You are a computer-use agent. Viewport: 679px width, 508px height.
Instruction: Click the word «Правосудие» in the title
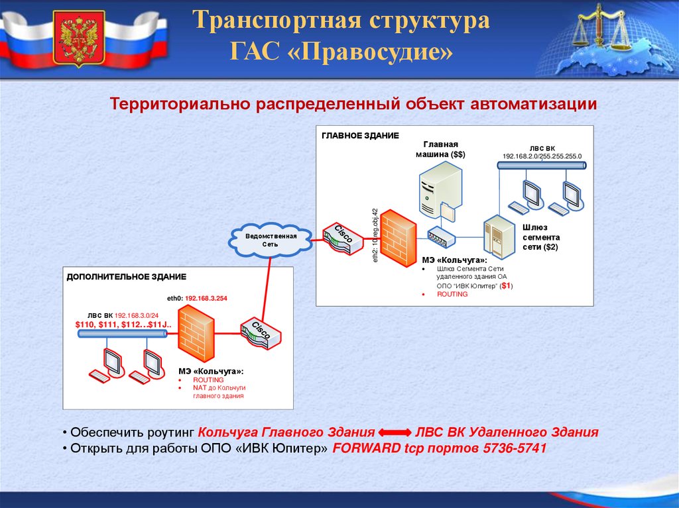[x=371, y=52]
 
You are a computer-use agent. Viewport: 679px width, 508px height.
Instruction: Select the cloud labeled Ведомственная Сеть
[x=270, y=240]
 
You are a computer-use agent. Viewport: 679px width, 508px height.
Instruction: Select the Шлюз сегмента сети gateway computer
[x=499, y=236]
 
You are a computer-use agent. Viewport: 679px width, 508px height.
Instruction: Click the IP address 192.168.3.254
[x=206, y=299]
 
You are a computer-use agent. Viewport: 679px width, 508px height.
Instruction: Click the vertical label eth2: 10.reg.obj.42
[x=375, y=234]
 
